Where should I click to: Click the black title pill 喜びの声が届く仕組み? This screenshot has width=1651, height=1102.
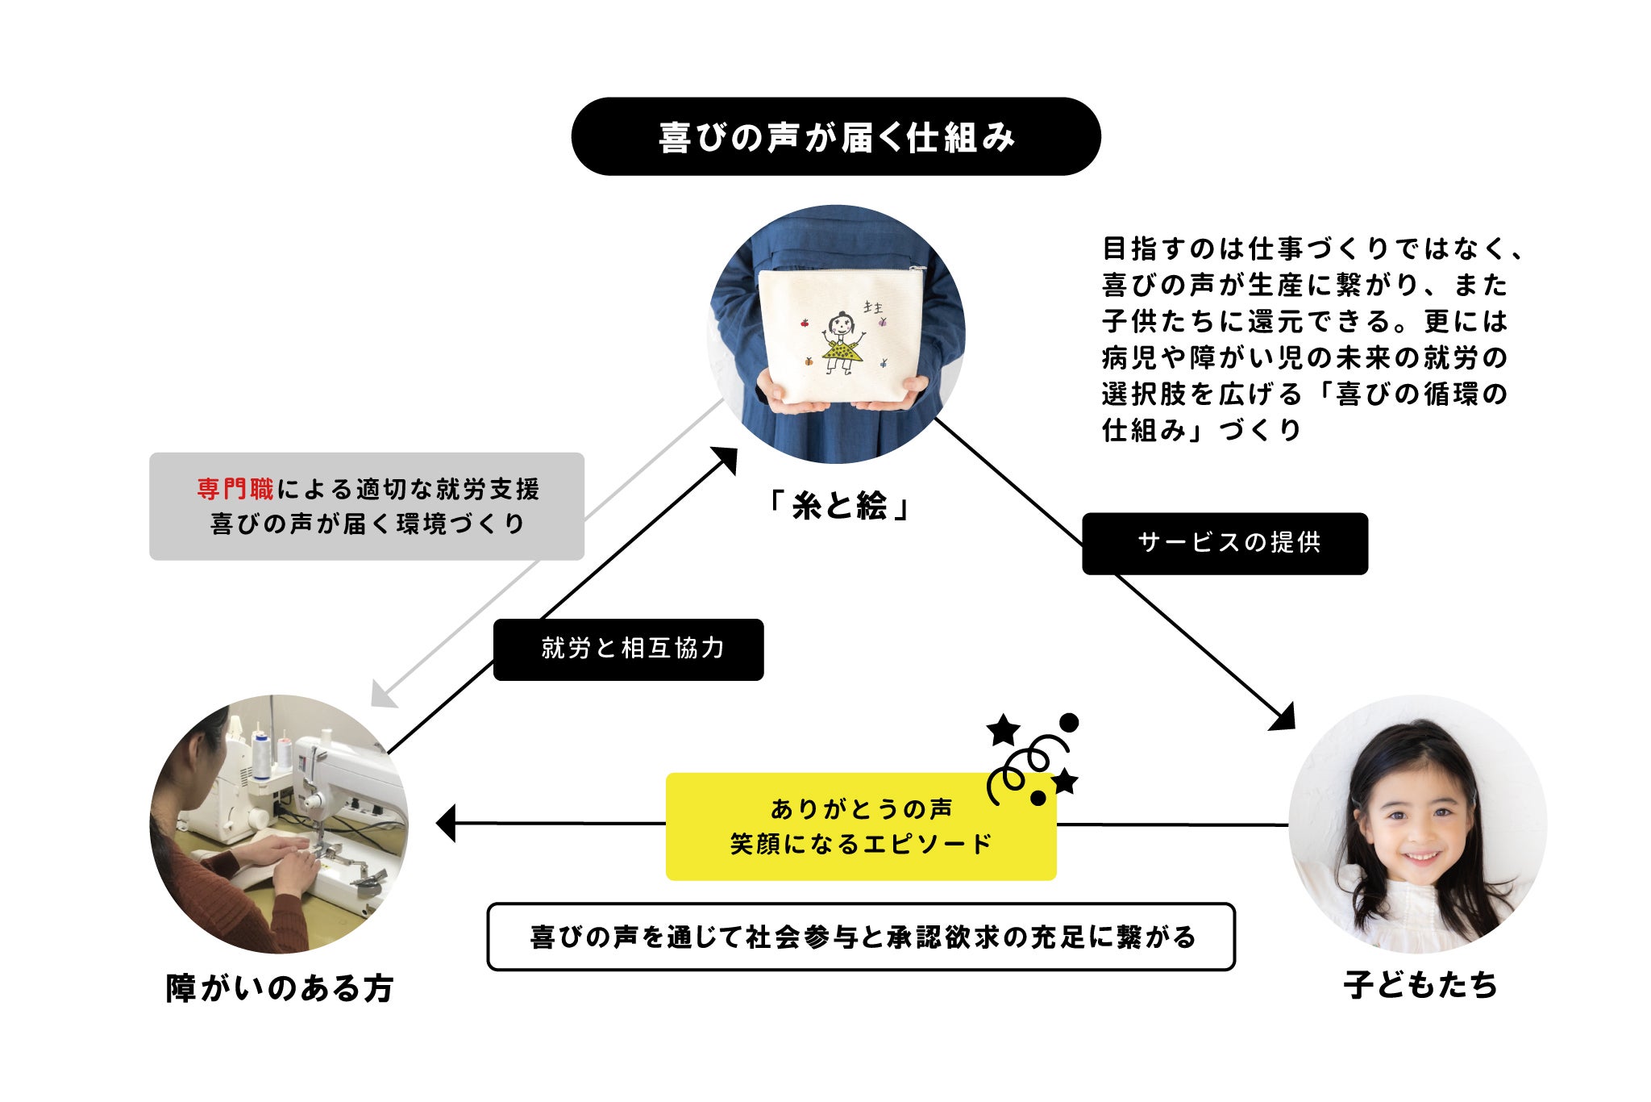click(x=836, y=136)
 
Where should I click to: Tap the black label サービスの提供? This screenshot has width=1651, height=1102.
click(x=1225, y=543)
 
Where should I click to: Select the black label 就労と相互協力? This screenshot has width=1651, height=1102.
click(x=628, y=649)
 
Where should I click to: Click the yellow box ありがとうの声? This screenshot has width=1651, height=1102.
click(x=860, y=826)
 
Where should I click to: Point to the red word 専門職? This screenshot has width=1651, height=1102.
click(x=235, y=489)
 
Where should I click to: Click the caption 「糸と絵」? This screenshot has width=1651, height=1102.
click(x=838, y=507)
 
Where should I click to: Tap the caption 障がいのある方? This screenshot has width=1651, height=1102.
click(x=279, y=988)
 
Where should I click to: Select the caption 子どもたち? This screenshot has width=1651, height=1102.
click(x=1420, y=985)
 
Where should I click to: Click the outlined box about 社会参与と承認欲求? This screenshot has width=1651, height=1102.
click(x=861, y=937)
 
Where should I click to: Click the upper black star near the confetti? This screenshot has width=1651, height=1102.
click(x=1003, y=730)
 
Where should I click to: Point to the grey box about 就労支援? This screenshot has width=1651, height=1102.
click(x=366, y=507)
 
